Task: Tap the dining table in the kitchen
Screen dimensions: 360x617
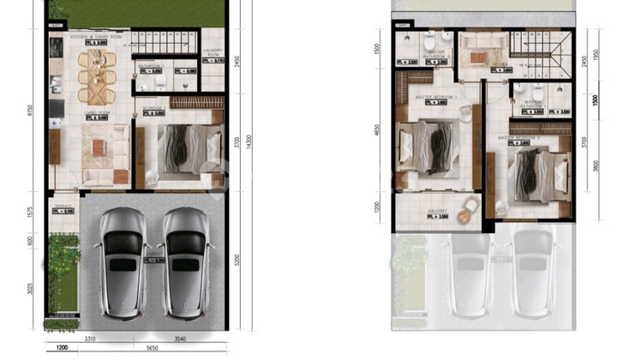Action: (x=96, y=75)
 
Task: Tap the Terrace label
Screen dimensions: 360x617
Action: (x=64, y=206)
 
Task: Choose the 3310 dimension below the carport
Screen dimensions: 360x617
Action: (x=89, y=339)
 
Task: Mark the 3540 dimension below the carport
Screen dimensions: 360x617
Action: (x=178, y=339)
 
